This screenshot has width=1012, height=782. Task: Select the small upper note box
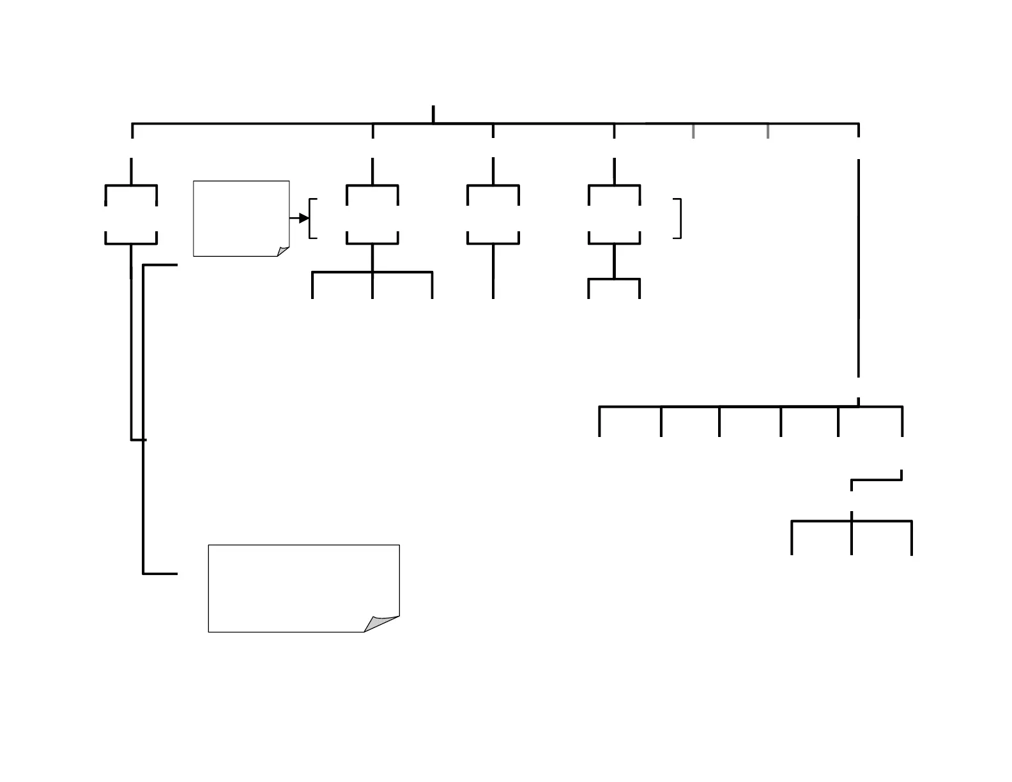coord(241,217)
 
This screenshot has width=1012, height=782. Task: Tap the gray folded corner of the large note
coord(381,624)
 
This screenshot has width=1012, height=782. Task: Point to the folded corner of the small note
coord(283,252)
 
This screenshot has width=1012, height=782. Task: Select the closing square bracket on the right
coord(678,218)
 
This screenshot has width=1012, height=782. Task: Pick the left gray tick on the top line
coord(694,130)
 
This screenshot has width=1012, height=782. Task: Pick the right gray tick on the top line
coord(768,130)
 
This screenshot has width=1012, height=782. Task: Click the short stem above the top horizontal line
coord(433,114)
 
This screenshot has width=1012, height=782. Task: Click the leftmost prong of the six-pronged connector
coord(599,422)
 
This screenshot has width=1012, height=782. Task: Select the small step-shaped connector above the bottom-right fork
coord(877,480)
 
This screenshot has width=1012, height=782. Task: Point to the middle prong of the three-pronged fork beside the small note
coord(372,285)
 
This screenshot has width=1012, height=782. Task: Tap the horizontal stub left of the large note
coord(160,574)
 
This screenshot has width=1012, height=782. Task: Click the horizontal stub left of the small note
coord(160,264)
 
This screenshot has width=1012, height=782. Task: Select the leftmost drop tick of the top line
coord(132,130)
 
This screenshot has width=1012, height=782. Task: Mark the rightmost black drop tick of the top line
coord(858,130)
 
